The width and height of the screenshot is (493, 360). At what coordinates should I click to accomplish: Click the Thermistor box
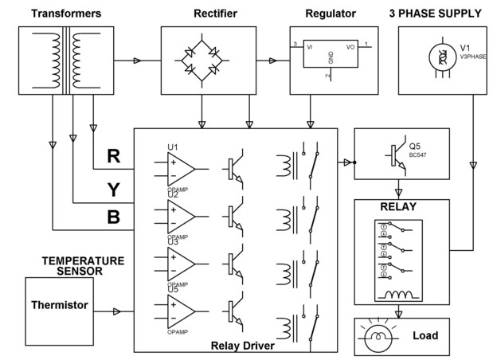[x=59, y=305]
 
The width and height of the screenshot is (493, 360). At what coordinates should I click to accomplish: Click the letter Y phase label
[x=114, y=189]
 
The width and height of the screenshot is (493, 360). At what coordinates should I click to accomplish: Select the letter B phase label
[x=114, y=217]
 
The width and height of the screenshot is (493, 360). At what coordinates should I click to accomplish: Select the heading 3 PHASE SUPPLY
[x=436, y=13]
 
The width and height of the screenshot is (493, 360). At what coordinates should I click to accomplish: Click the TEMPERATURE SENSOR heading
[x=83, y=265]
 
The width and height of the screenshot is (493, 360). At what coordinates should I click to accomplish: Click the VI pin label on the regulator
[x=307, y=46]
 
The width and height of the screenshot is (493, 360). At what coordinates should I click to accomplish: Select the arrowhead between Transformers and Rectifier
[x=139, y=60]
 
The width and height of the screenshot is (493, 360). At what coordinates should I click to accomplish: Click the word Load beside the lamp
[x=425, y=335]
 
